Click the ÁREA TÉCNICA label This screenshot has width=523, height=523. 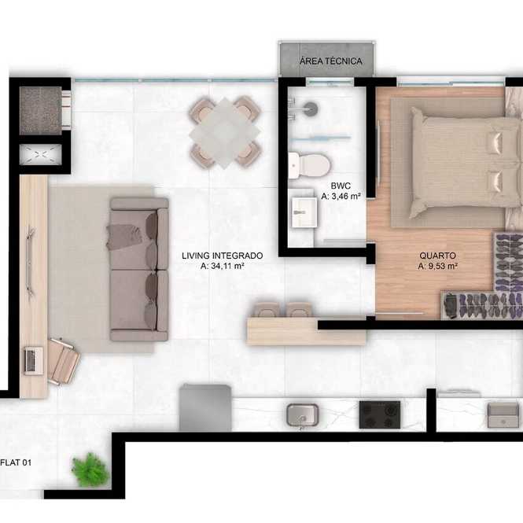pyautogui.click(x=330, y=61)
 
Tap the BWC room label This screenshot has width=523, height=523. pyautogui.click(x=341, y=186)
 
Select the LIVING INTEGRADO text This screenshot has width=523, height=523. pyautogui.click(x=222, y=256)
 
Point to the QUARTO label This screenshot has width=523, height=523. pyautogui.click(x=437, y=256)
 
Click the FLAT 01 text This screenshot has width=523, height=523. pyautogui.click(x=16, y=462)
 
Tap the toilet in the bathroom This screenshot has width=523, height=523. pyautogui.click(x=309, y=165)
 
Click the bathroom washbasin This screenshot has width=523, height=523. pyautogui.click(x=304, y=212)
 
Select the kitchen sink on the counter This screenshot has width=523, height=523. pyautogui.click(x=302, y=415)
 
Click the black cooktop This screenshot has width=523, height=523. pyautogui.click(x=380, y=414)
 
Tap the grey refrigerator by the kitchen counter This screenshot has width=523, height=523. pyautogui.click(x=205, y=407)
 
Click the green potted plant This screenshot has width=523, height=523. pyautogui.click(x=90, y=469)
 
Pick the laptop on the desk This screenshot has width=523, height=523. pyautogui.click(x=33, y=360)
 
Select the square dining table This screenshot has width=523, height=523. pyautogui.click(x=224, y=132)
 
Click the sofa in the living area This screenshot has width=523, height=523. pyautogui.click(x=139, y=269)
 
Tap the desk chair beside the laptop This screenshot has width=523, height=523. pyautogui.click(x=64, y=362)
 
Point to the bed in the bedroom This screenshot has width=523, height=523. pyautogui.click(x=466, y=163)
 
